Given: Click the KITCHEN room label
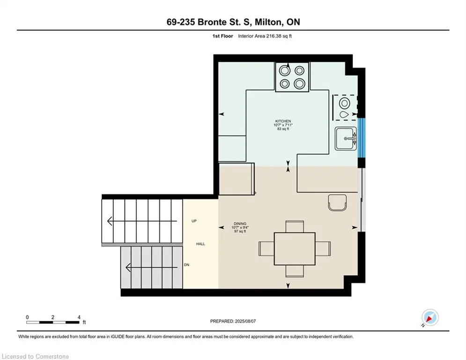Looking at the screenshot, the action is (283, 121).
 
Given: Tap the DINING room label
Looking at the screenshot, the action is (240, 224).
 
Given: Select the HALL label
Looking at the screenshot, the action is (200, 244).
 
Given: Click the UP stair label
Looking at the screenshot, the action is (194, 221).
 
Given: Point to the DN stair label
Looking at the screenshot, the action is (187, 265).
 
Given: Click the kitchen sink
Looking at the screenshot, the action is (346, 139).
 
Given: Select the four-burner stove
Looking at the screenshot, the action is (292, 77).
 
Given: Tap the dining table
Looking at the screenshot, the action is (295, 249).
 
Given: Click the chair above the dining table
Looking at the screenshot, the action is (295, 226).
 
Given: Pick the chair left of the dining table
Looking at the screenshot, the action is (266, 249).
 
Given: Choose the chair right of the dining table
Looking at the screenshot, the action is (323, 249).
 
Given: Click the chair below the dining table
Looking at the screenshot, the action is (295, 271).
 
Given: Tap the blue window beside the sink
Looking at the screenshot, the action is (361, 138).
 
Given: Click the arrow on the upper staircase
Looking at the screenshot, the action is (142, 221).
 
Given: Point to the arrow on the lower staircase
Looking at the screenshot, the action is (152, 268).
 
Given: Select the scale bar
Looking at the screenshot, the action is (53, 322).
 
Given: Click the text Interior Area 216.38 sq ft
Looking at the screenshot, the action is (265, 36).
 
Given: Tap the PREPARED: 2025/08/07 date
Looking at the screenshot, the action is (233, 321).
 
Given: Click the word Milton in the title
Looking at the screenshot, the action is (267, 22).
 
